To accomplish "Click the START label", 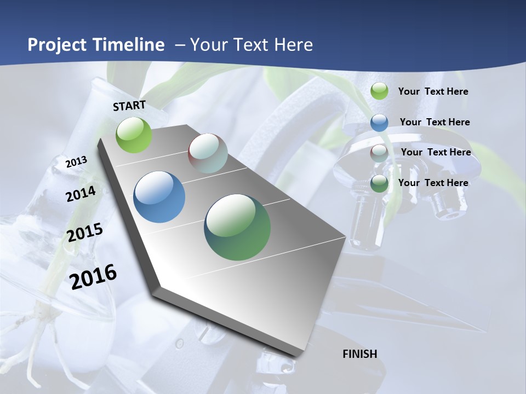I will (x=129, y=106).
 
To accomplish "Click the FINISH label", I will (x=360, y=354).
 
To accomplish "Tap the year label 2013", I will (x=77, y=162).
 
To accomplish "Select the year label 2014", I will (x=81, y=194).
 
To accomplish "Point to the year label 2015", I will (x=85, y=233).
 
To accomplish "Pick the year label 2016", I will (x=94, y=276).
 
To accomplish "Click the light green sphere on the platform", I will (x=134, y=135).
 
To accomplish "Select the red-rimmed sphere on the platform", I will (x=208, y=153).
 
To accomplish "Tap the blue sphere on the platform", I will (x=159, y=197).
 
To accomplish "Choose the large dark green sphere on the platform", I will (x=237, y=227).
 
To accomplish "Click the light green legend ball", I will (x=379, y=91).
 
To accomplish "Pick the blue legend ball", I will (x=379, y=122).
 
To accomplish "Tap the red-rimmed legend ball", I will (x=379, y=153).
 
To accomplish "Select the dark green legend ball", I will (x=379, y=183).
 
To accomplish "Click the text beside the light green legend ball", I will (x=433, y=91).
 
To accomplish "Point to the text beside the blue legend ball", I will (x=435, y=122).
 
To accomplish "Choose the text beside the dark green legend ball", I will (x=433, y=183).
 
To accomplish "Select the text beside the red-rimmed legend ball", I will (x=436, y=152).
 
